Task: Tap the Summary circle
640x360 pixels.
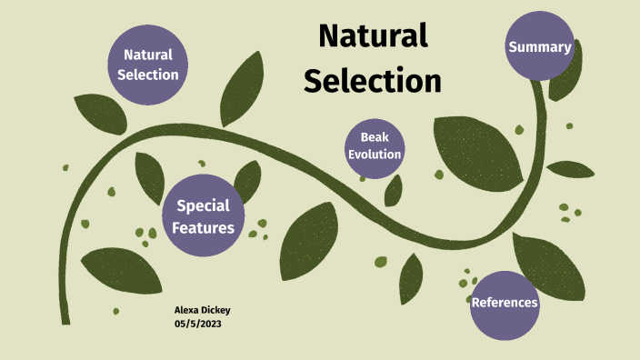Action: [x=540, y=46]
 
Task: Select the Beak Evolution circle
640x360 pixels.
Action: [x=375, y=145]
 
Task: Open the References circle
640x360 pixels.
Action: [x=505, y=303]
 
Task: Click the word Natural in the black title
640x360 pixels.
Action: [x=373, y=36]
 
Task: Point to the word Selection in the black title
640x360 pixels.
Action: [x=373, y=81]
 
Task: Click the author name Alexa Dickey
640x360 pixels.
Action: [x=202, y=310]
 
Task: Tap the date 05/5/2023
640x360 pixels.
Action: [x=197, y=324]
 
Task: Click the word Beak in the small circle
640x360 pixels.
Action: [x=375, y=137]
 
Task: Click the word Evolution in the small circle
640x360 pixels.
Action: [x=375, y=155]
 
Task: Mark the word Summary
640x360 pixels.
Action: [x=540, y=47]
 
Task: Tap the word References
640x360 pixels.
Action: [x=505, y=303]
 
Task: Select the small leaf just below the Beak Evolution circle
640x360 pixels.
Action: [x=394, y=190]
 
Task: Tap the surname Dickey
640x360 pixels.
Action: [x=216, y=310]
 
